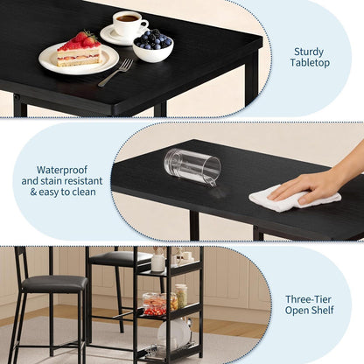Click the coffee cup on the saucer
click(x=129, y=24)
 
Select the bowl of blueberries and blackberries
click(x=153, y=46)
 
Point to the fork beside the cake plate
click(x=115, y=73)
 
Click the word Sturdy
click(x=309, y=52)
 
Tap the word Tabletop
click(x=310, y=63)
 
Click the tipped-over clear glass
click(x=192, y=167)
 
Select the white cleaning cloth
click(x=294, y=199)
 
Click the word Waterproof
click(x=62, y=170)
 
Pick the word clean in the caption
click(x=84, y=192)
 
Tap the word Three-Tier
click(x=309, y=299)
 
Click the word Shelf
click(x=322, y=310)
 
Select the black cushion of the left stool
click(x=54, y=283)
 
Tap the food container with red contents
click(x=155, y=304)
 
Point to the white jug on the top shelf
click(x=157, y=262)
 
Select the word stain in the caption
click(x=52, y=181)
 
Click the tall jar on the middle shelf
click(x=181, y=296)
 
